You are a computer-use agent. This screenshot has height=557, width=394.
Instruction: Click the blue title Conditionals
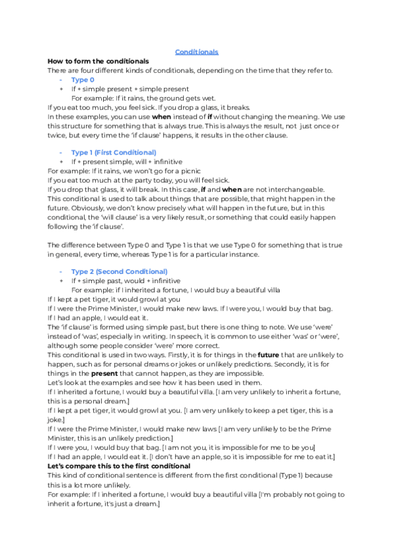click(x=197, y=52)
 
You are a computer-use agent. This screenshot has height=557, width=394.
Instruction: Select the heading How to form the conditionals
click(x=98, y=61)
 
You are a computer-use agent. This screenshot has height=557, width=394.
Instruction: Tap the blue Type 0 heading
click(x=83, y=79)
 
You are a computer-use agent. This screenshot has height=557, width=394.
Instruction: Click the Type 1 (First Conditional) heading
click(x=114, y=152)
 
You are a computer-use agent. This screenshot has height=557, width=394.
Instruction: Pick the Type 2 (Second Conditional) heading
click(x=119, y=271)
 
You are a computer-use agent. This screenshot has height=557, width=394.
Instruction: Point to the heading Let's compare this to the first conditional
click(x=119, y=466)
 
